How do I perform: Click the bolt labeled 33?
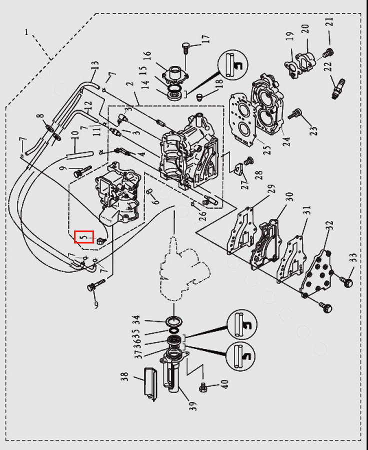[347, 281]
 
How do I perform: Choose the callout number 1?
[26, 32]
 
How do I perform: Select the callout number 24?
[286, 141]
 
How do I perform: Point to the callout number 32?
[330, 225]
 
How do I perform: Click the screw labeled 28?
[248, 161]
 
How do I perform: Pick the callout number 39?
[193, 406]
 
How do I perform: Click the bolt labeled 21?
[328, 53]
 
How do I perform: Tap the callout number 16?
[146, 56]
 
